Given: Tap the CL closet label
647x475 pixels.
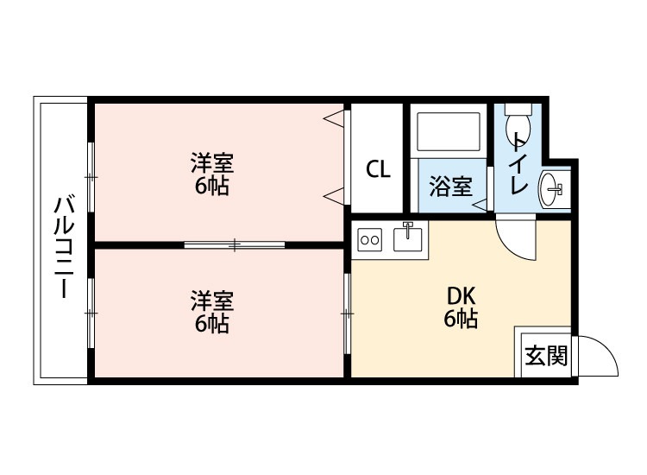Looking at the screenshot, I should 378,169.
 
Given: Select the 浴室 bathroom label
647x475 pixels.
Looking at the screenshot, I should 449,186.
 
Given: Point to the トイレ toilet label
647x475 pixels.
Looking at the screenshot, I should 518,164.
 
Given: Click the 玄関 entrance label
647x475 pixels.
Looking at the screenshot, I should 547,355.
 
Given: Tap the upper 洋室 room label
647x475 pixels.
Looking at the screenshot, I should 212,162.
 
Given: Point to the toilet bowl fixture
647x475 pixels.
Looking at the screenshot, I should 518,117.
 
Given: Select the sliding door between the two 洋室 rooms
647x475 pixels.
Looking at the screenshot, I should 234,244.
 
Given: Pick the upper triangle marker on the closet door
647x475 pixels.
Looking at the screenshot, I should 332,117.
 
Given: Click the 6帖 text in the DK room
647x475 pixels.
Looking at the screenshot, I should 462,319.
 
